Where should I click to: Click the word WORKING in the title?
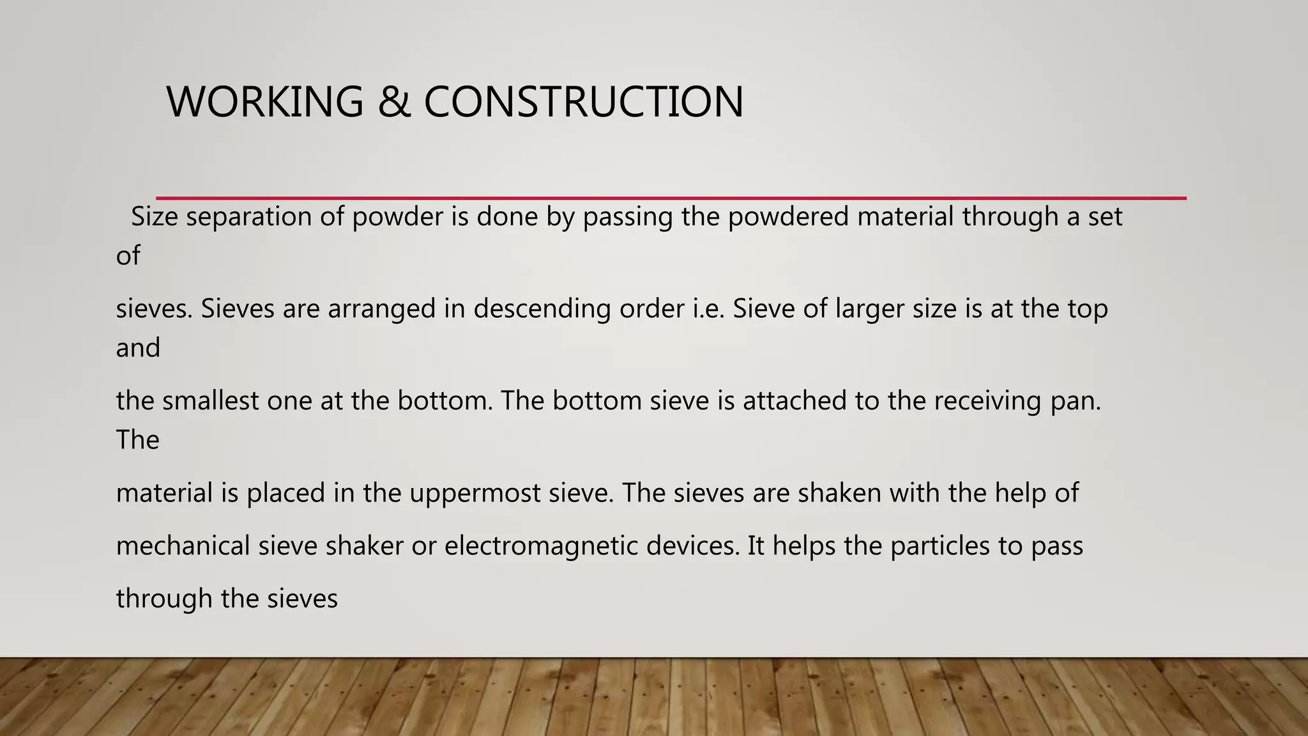pos(264,102)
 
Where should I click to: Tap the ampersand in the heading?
pos(394,102)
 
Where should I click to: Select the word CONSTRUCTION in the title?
pos(583,102)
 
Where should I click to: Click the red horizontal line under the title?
pos(671,198)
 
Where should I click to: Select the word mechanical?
pos(183,546)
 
